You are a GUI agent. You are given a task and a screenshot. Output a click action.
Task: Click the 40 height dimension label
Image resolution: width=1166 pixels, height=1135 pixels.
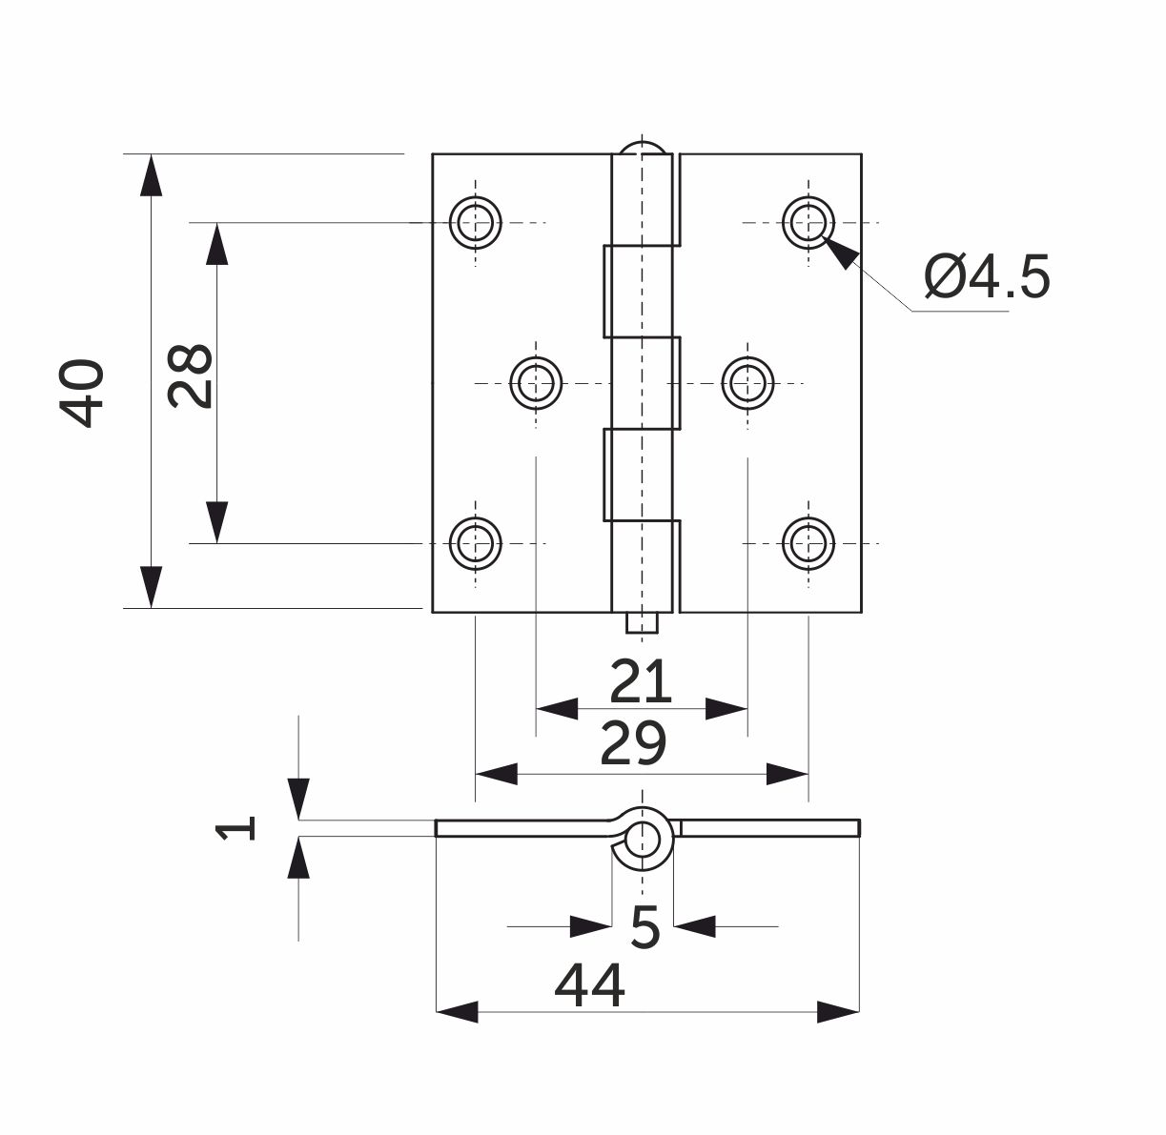tap(82, 393)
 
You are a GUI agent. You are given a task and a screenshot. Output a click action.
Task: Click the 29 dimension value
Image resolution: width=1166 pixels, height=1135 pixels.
tap(632, 744)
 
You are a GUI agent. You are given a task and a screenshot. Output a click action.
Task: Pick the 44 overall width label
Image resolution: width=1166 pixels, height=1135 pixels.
tap(589, 985)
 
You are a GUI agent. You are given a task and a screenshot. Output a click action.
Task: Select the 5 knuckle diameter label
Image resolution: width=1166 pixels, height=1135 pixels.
tap(644, 926)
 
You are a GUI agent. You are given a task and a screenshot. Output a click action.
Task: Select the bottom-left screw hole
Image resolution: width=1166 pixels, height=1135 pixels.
tap(475, 543)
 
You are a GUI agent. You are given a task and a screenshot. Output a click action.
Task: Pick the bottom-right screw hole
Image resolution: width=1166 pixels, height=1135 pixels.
tap(808, 543)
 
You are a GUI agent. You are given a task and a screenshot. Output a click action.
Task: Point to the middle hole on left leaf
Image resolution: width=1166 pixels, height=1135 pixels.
tap(537, 384)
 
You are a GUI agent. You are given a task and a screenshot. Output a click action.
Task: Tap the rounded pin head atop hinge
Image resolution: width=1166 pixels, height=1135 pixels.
tap(645, 151)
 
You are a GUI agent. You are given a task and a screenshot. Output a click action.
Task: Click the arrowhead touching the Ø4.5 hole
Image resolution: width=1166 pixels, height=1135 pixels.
tap(840, 252)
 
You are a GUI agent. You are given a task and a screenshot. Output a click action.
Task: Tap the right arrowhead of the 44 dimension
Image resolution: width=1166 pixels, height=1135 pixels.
tap(839, 1012)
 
